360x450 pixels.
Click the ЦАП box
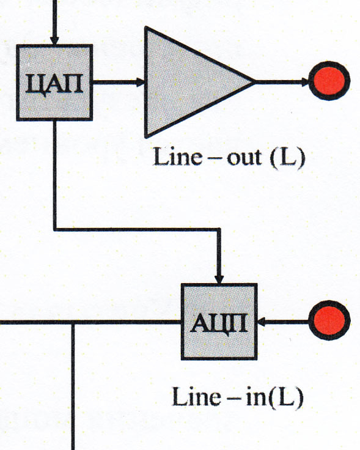coord(54,83)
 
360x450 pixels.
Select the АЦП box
coord(219,322)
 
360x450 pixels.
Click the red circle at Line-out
coord(329,81)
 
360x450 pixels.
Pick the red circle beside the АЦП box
coord(329,320)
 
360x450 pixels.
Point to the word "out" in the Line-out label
coord(244,158)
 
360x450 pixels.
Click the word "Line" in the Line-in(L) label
coord(196,397)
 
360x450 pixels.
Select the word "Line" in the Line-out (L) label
coord(178,157)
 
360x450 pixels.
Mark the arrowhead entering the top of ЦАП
coord(54,40)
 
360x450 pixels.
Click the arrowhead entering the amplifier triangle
coord(140,82)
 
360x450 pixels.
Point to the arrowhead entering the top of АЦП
coord(219,279)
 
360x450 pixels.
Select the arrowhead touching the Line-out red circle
coord(305,82)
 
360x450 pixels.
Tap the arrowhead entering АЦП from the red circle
coord(262,322)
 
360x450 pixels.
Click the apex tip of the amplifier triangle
coord(255,82)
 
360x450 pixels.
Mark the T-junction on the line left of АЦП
coord(73,322)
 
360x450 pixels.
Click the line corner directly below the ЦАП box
coord(55,230)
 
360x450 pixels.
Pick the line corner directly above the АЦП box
coord(219,230)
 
